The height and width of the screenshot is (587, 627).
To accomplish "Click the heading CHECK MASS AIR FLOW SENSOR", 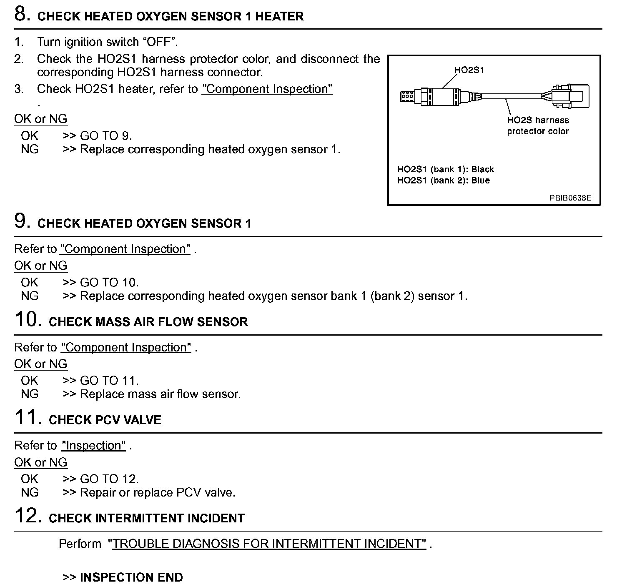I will coord(148,322).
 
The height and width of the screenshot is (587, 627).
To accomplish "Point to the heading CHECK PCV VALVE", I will coord(105,420).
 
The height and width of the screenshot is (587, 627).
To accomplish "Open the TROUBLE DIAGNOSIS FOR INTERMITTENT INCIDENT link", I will coord(267,544).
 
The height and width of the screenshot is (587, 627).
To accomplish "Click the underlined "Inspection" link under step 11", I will coord(93,446).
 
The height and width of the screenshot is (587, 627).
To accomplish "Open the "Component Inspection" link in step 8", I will coord(267,89).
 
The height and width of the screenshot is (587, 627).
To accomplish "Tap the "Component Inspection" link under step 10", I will coord(126,347).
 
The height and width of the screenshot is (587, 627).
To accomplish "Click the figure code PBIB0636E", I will coord(570,198).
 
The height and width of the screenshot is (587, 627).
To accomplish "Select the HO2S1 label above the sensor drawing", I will coord(469,70).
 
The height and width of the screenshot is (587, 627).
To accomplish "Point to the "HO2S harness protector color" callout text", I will coord(538,125).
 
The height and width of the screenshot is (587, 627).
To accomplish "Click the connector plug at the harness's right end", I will coord(567,97).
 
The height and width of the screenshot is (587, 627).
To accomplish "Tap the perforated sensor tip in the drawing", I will coord(407,97).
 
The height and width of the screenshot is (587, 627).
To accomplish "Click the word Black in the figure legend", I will coord(482,169).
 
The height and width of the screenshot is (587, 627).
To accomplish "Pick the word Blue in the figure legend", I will coord(480,181).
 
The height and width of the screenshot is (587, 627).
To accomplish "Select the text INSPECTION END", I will coord(131,577).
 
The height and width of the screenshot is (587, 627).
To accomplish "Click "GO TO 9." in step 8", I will coord(106,136).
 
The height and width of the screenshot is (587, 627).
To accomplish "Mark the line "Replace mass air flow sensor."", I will coord(160,394).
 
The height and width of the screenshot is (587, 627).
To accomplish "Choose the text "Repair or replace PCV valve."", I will coord(158,493).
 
